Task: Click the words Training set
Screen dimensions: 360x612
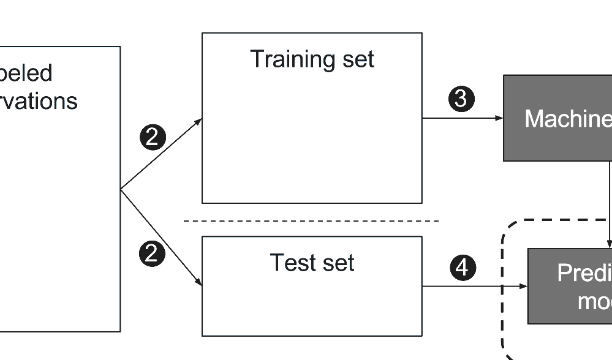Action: [x=312, y=60]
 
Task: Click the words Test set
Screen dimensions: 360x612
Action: [x=312, y=263]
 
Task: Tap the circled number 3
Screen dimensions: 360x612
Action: [x=461, y=99]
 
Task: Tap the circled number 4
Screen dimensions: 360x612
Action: [x=463, y=268]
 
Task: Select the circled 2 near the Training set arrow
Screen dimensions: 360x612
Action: [x=153, y=137]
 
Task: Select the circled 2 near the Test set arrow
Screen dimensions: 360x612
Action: [x=152, y=253]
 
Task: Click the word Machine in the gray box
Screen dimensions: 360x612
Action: [x=567, y=119]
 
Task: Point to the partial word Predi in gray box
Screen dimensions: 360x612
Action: [x=584, y=273]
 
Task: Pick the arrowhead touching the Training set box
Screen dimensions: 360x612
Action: [x=198, y=121]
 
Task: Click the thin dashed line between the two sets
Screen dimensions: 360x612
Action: [x=311, y=220]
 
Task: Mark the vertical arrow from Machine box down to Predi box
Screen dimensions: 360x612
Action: [x=610, y=202]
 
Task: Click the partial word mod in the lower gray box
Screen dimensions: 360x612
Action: [x=594, y=301]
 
